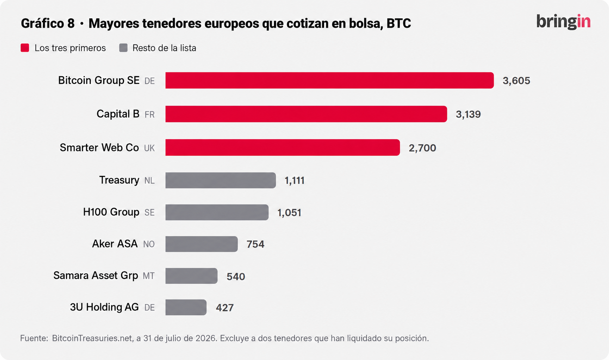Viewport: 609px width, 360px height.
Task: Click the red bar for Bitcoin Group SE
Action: click(x=329, y=80)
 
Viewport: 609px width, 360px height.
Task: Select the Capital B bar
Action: click(x=306, y=114)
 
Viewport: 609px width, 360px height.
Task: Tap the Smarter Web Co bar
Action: click(x=283, y=148)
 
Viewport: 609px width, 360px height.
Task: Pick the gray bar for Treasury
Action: click(x=221, y=180)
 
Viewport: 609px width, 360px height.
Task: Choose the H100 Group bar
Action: click(x=217, y=212)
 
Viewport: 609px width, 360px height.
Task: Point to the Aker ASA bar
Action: click(x=202, y=244)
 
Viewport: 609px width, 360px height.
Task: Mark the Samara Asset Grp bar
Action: click(x=192, y=276)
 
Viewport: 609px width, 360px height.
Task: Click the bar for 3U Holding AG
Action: click(x=186, y=307)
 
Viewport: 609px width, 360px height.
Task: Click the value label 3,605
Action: click(x=516, y=81)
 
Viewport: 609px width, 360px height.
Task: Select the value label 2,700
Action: click(x=423, y=148)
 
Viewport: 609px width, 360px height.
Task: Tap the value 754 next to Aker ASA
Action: click(x=255, y=244)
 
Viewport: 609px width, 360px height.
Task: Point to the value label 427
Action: click(x=225, y=308)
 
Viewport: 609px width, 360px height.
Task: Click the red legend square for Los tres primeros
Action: click(x=25, y=48)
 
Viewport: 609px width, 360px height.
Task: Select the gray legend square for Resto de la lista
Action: click(x=124, y=48)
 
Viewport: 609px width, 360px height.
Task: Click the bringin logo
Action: click(x=563, y=22)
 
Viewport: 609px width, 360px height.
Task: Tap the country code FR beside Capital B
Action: click(x=149, y=115)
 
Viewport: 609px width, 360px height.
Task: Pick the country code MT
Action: click(x=149, y=276)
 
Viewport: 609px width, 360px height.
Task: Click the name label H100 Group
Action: click(x=111, y=212)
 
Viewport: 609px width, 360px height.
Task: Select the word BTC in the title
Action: click(x=398, y=24)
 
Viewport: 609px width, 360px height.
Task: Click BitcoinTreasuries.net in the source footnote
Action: click(x=93, y=338)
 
